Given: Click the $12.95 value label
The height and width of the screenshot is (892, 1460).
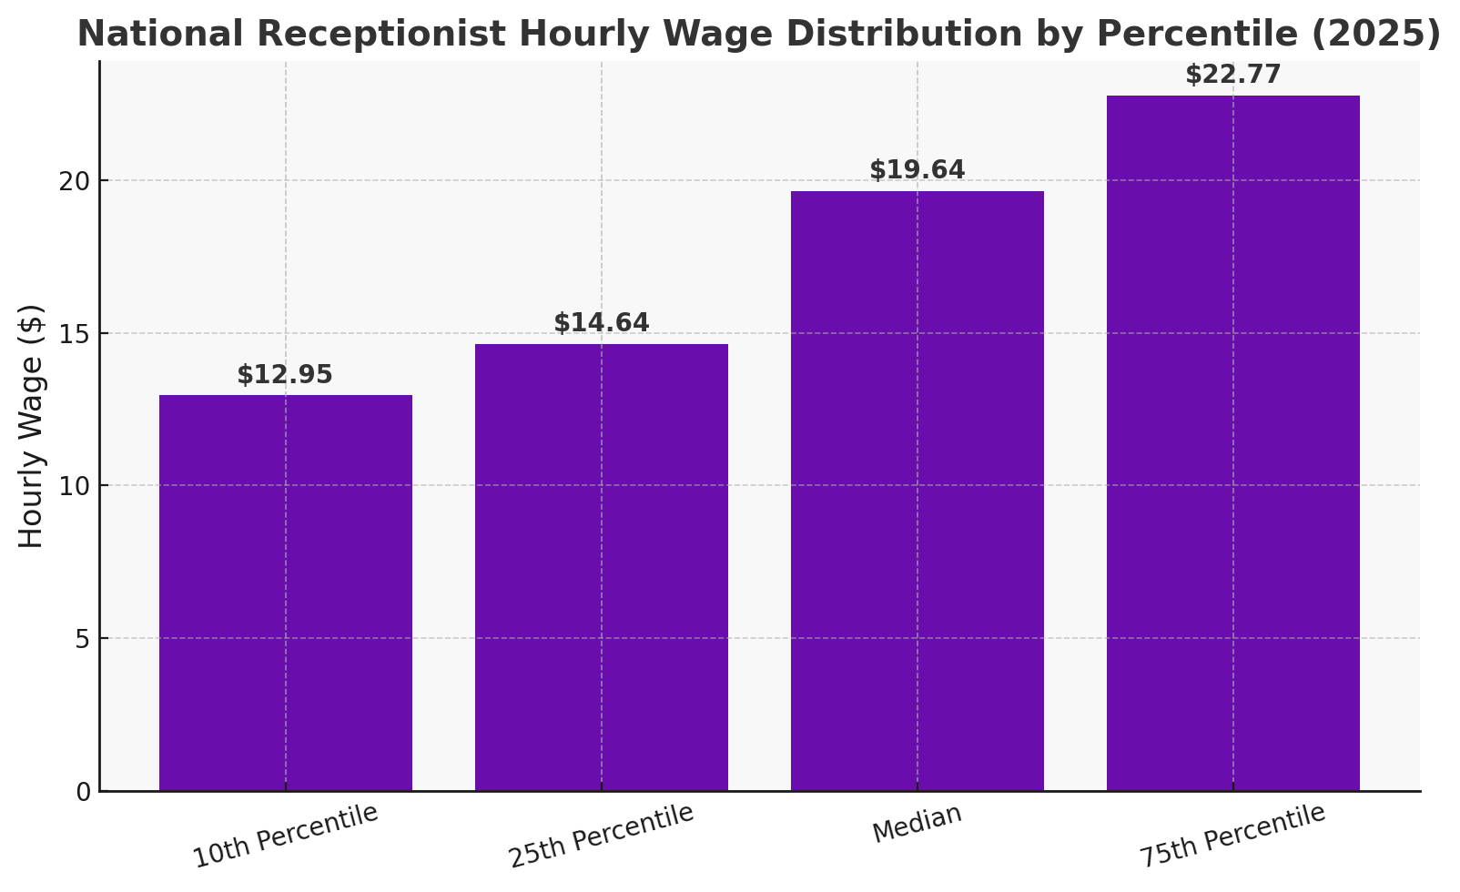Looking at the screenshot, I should pos(285,375).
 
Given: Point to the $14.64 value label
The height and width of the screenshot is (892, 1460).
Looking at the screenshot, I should pos(602,323).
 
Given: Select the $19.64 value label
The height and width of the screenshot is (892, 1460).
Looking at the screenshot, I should pos(918,170).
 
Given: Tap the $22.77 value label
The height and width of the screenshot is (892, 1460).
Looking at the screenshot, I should pos(1233,75).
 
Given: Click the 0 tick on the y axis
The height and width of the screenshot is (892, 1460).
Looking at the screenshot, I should pos(84,792).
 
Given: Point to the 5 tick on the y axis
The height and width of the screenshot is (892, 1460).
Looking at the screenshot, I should pos(84,639).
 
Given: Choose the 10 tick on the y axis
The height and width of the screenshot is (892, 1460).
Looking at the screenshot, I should pos(78,486).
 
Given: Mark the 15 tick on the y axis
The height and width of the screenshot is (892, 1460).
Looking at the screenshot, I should pos(78,334).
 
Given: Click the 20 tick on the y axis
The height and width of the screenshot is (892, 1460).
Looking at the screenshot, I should pos(78,181).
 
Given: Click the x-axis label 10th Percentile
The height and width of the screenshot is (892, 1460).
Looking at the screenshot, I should pos(285,836).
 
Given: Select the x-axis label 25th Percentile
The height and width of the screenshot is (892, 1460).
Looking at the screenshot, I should pos(601,836).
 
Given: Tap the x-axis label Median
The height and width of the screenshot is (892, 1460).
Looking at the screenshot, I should pos(918,824).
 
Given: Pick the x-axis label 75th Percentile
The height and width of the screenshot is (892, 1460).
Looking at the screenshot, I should pos(1232,836).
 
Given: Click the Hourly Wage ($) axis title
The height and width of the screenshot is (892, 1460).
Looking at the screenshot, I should pos(32,426).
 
